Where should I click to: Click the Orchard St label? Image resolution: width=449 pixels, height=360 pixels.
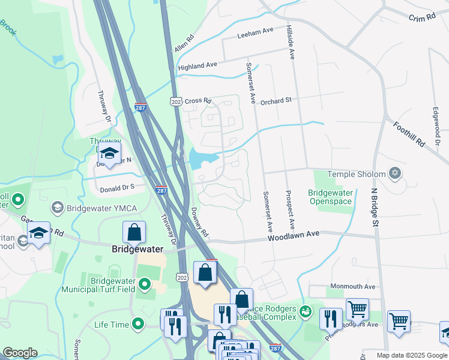[276, 101]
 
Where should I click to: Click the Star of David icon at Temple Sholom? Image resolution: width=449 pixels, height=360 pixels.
[394, 174]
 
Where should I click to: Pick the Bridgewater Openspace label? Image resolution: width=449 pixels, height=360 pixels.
[329, 197]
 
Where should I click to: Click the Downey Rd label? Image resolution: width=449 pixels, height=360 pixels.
[199, 222]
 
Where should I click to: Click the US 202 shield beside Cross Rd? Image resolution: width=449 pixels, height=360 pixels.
[175, 101]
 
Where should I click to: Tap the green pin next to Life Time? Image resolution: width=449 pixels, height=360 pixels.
[139, 325]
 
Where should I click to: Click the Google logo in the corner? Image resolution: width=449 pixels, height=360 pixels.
[20, 353]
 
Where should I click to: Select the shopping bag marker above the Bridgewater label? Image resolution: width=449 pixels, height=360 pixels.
[134, 232]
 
